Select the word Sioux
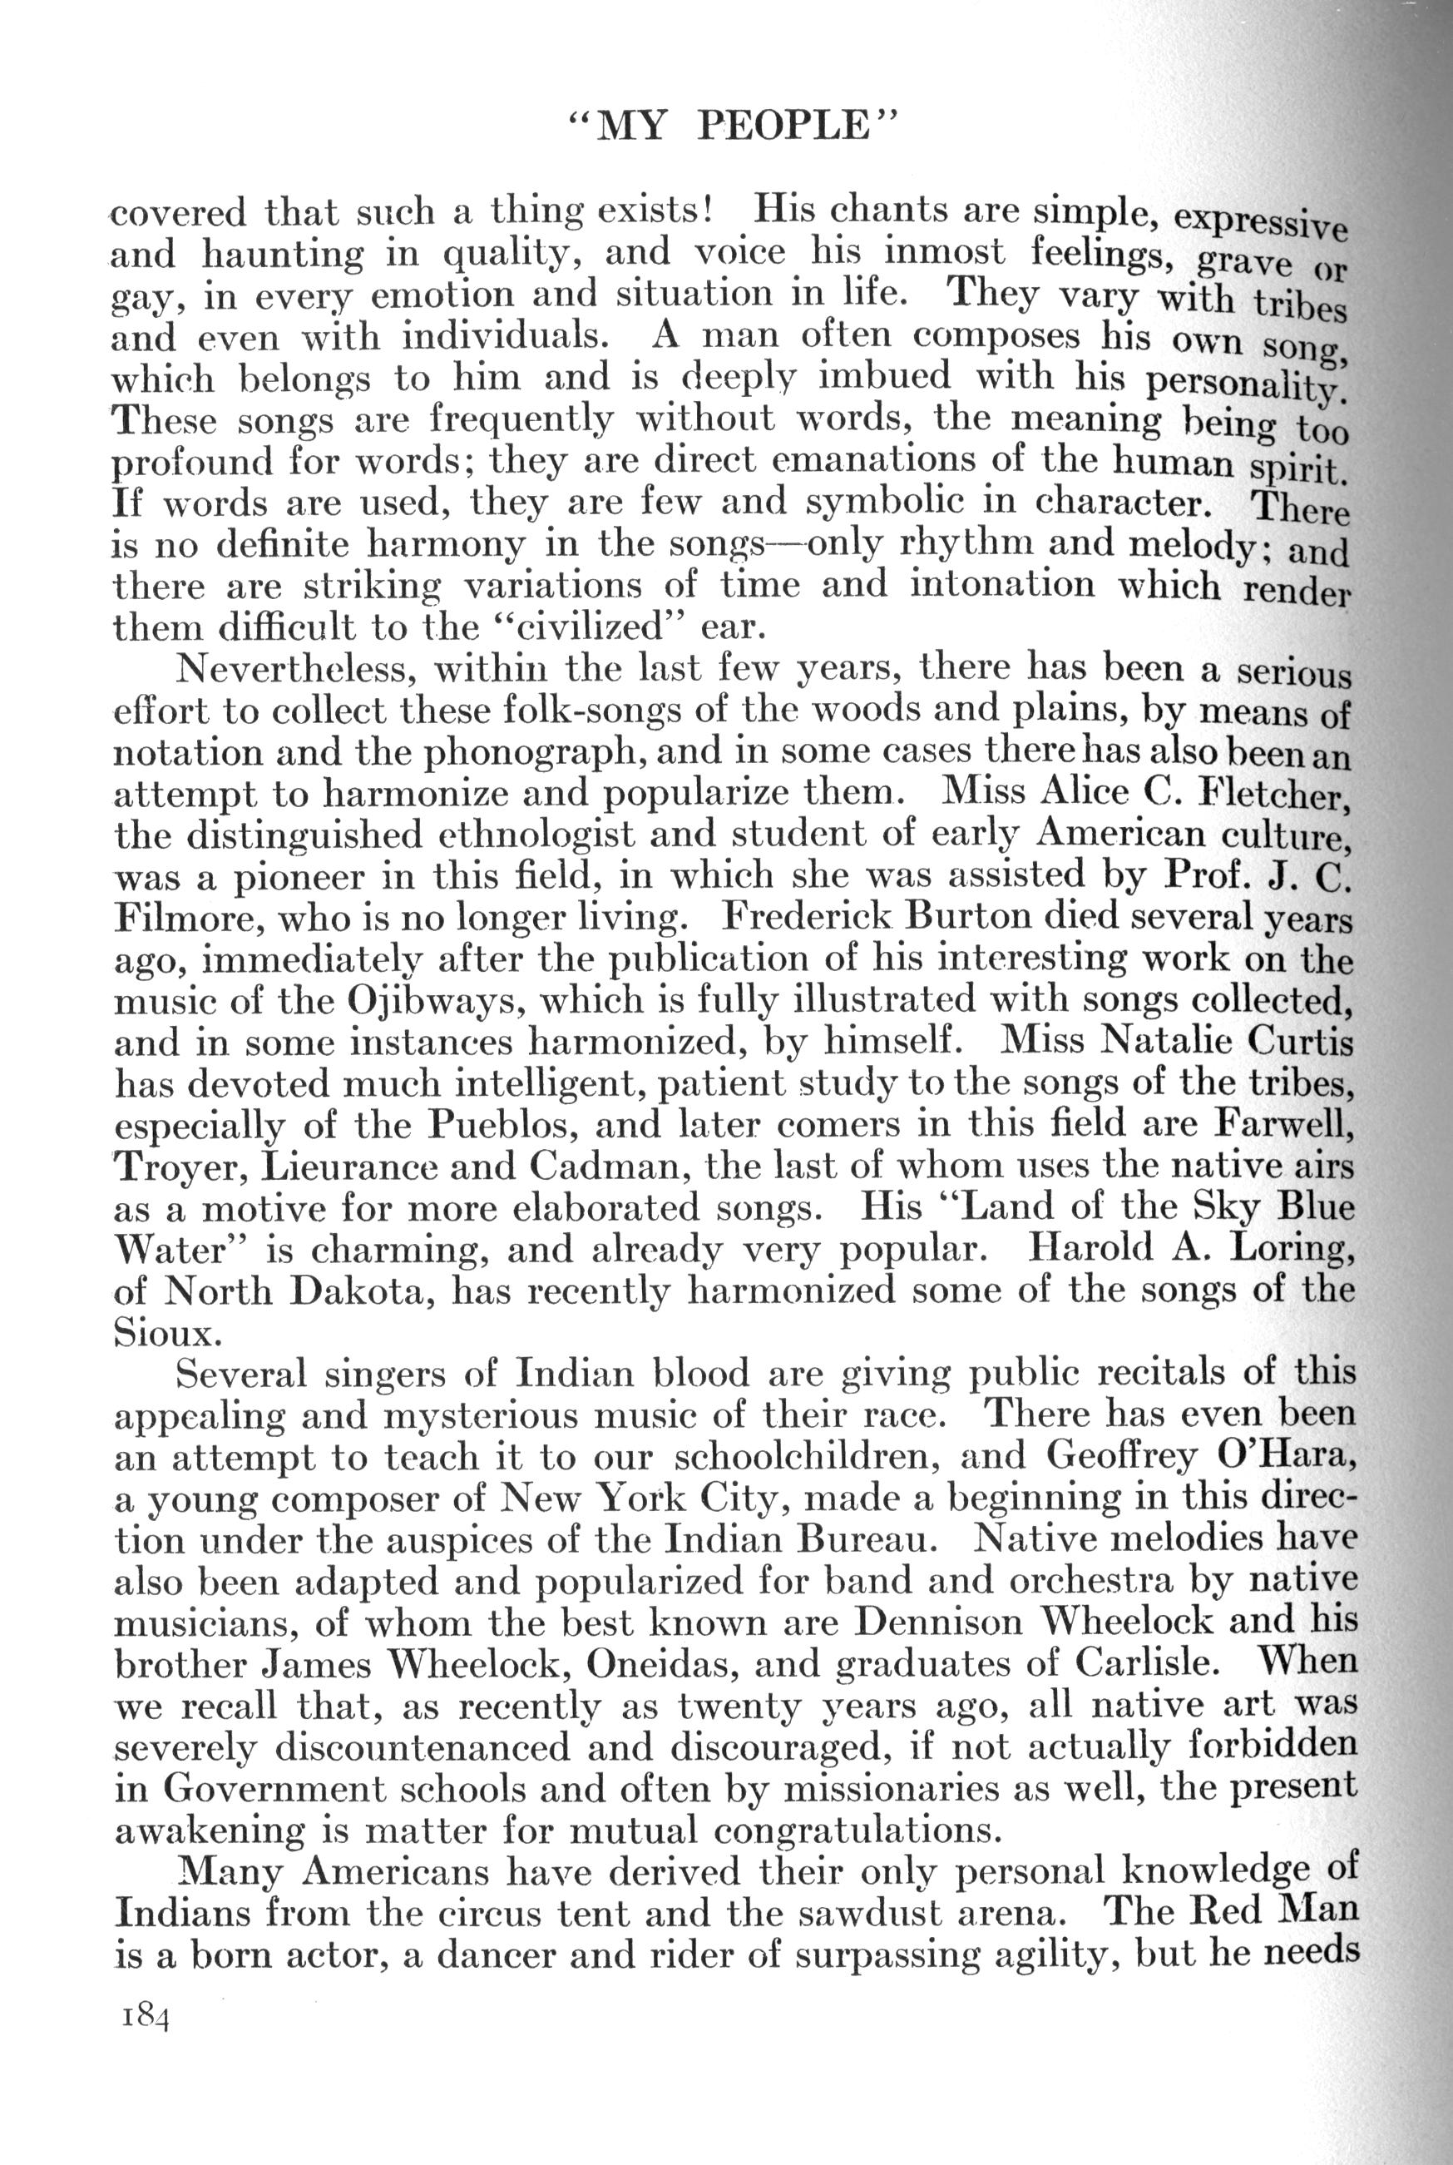pyautogui.click(x=167, y=1332)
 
